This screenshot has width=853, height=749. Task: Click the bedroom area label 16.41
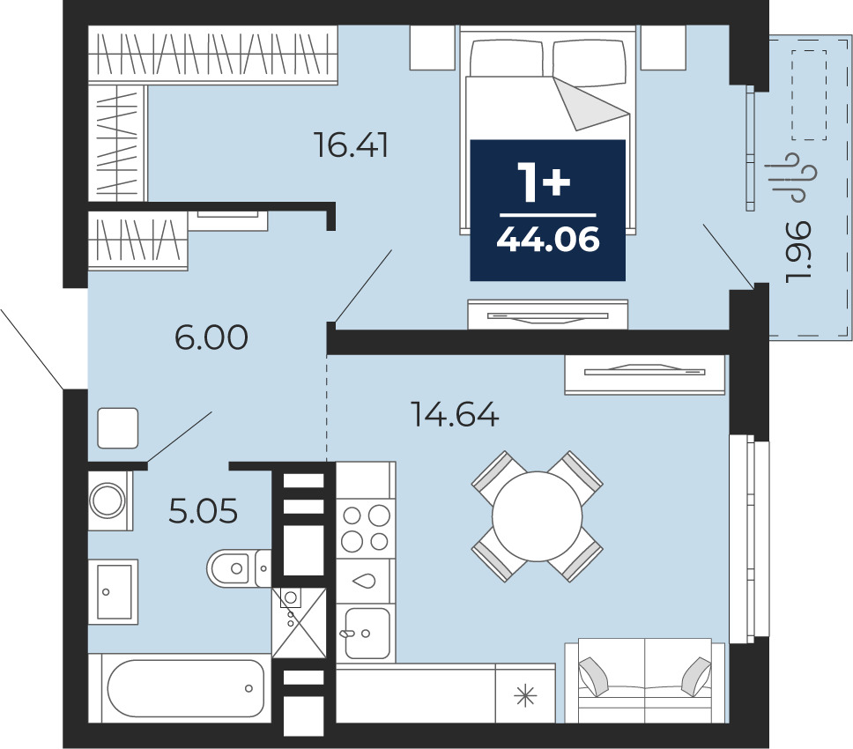click(352, 145)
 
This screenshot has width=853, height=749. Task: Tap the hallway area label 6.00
click(211, 337)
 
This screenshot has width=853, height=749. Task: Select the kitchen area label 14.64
click(455, 414)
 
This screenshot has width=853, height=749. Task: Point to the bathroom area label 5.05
click(204, 511)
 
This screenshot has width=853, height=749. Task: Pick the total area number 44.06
click(548, 239)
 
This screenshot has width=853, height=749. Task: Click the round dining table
click(537, 516)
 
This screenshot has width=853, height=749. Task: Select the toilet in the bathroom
click(238, 568)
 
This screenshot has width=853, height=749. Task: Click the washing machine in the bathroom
click(110, 501)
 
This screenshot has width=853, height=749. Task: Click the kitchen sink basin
click(367, 632)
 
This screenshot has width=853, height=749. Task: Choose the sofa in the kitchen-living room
click(645, 680)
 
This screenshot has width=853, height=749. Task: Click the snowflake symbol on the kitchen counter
click(525, 696)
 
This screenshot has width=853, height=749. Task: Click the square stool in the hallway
click(118, 428)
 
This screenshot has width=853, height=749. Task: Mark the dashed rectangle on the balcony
click(809, 94)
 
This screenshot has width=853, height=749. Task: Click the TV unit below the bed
click(548, 315)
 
